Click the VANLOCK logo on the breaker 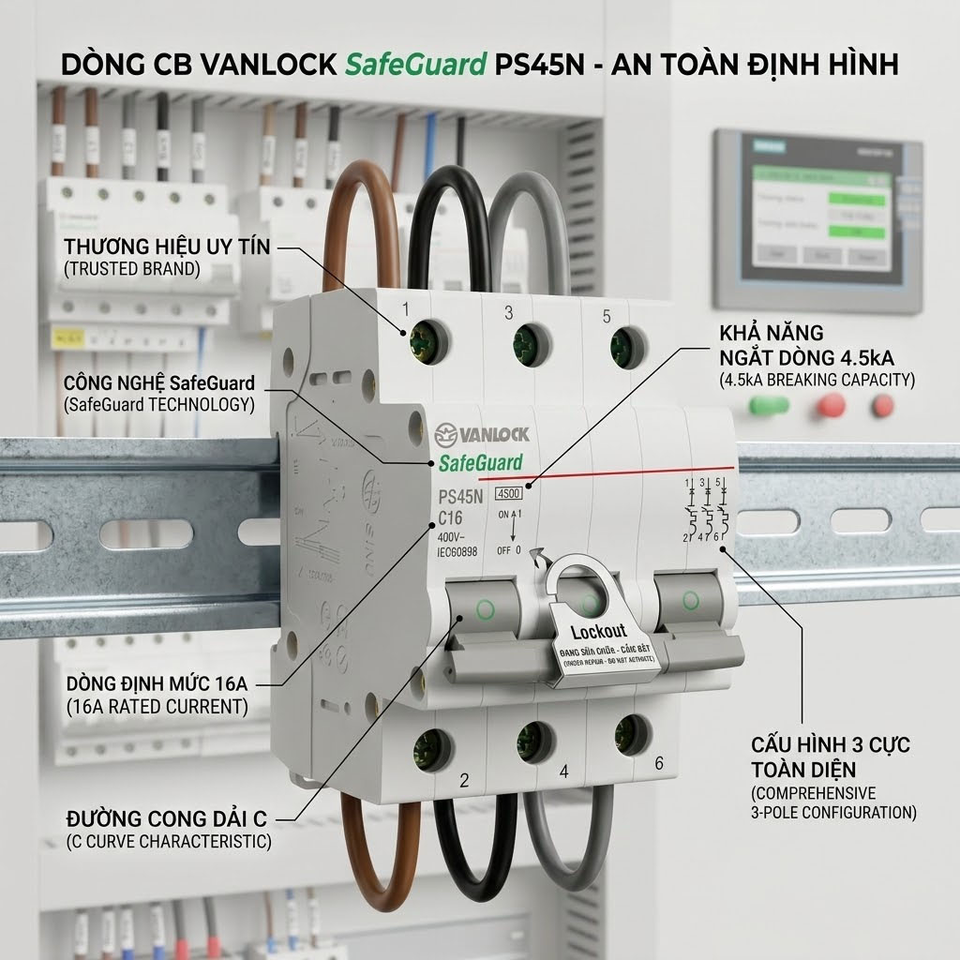click(x=482, y=434)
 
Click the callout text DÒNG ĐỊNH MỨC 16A click(x=157, y=682)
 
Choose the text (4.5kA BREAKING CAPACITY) click(x=817, y=381)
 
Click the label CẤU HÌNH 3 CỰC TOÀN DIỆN click(x=830, y=757)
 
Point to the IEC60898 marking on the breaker click(x=458, y=552)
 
